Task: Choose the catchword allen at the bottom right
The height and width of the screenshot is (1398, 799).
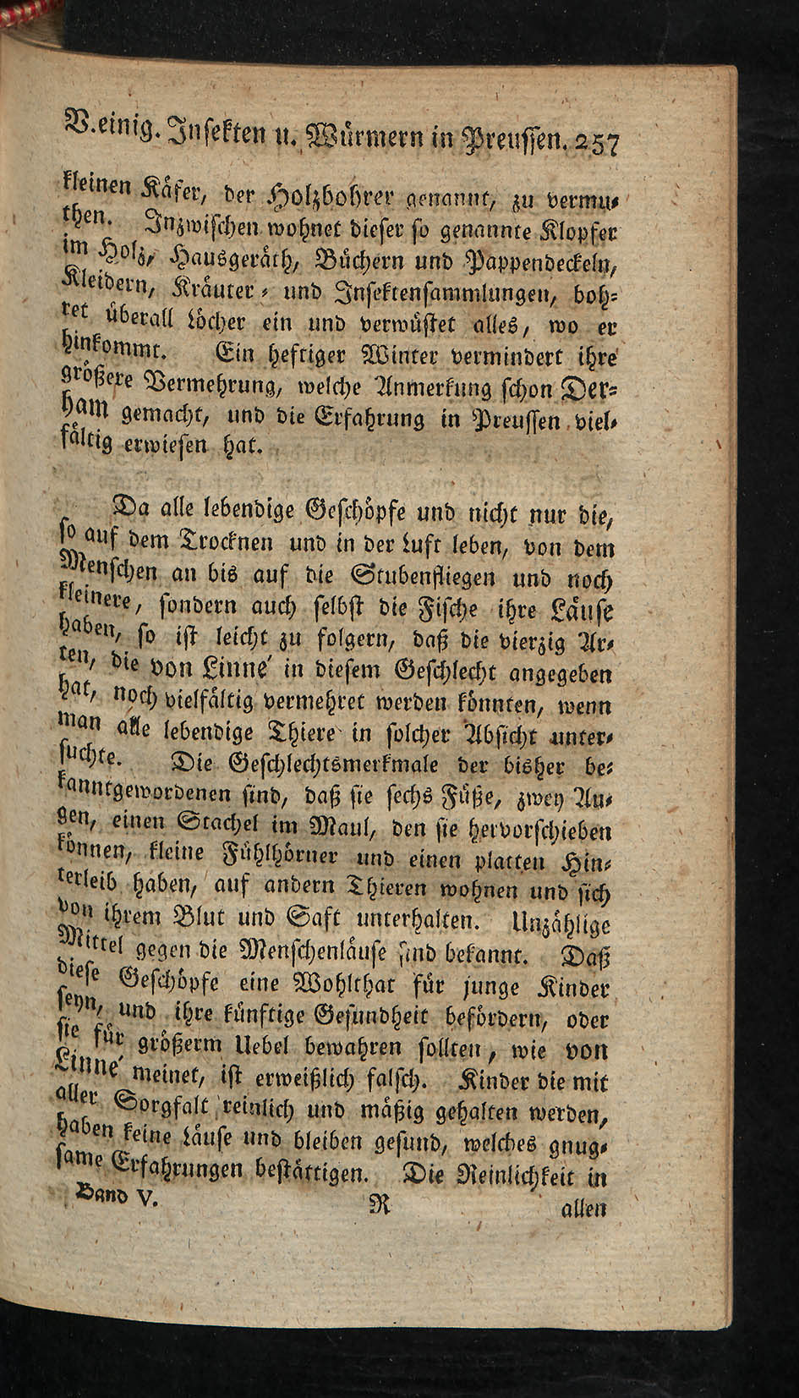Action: click(584, 1209)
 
